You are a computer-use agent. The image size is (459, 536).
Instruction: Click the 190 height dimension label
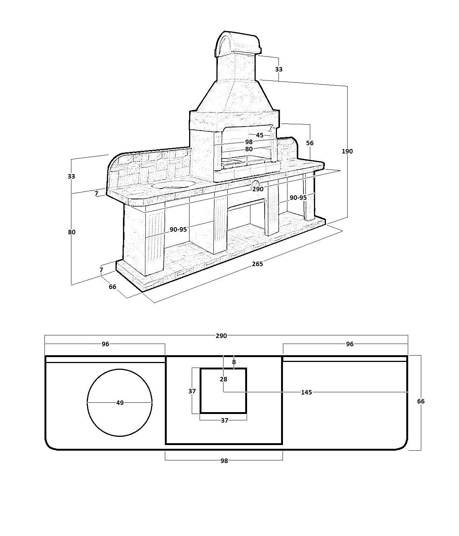(347, 151)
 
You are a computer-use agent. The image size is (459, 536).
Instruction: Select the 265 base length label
(257, 264)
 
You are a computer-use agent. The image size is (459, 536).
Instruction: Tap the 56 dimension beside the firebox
(309, 143)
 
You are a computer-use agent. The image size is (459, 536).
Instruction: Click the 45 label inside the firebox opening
(259, 135)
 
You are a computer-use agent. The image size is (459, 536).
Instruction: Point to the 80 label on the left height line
(72, 232)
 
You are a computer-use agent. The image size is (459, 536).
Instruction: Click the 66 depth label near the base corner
(113, 287)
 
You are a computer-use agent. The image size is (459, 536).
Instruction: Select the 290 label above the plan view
(221, 336)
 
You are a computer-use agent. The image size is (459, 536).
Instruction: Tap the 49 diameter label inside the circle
(120, 403)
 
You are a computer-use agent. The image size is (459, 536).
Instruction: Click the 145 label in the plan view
(306, 392)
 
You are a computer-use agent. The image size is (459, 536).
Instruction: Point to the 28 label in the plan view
(224, 379)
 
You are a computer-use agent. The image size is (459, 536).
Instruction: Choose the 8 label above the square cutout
(234, 362)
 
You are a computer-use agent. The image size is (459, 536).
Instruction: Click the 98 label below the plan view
(224, 461)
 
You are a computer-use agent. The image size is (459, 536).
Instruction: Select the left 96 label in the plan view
(105, 344)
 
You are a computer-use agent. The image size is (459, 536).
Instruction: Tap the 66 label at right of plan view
(421, 401)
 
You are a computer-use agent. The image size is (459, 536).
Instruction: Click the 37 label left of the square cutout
(192, 392)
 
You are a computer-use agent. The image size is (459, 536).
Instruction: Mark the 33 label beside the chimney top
(279, 69)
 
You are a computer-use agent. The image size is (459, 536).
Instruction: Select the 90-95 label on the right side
(298, 198)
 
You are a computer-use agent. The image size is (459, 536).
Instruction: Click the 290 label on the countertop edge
(258, 189)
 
